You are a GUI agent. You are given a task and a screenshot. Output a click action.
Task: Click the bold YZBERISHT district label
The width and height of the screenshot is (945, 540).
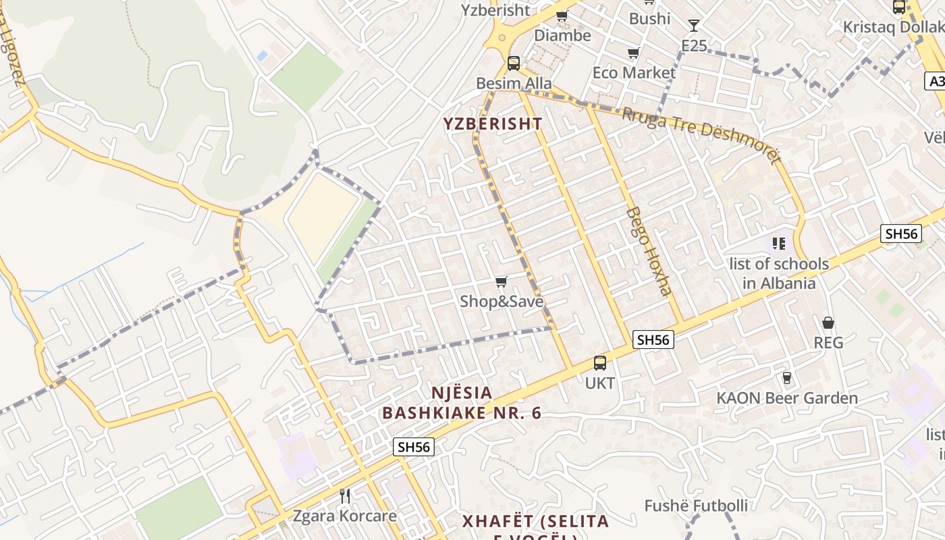tap(492, 124)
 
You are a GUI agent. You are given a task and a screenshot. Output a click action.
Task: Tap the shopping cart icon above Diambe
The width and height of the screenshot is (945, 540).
tap(562, 16)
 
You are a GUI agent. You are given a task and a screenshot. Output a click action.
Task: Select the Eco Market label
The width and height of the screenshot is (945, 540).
tap(634, 73)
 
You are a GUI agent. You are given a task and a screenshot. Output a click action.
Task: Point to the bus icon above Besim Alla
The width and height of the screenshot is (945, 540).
tap(514, 63)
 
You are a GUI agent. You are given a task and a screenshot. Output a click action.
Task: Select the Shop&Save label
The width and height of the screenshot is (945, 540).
tap(502, 302)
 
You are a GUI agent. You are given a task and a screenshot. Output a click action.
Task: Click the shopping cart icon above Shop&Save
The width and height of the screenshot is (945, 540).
tap(501, 281)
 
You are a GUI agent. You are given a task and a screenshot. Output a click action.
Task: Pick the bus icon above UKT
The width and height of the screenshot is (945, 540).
tap(599, 363)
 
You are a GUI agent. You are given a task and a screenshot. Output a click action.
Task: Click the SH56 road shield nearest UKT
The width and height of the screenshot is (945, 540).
tap(653, 340)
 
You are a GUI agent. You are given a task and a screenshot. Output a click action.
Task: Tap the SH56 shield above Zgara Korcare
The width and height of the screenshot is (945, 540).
tap(414, 447)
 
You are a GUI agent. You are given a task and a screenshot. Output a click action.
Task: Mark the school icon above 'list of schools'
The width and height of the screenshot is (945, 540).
tap(779, 243)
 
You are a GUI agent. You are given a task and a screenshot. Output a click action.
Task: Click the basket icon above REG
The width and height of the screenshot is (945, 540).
tap(828, 323)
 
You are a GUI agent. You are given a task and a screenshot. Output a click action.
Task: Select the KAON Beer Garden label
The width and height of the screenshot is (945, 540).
tap(787, 398)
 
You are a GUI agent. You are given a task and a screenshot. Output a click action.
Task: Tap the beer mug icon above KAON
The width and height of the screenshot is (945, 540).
tap(786, 377)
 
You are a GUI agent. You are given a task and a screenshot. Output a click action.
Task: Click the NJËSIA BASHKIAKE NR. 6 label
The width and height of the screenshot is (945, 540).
tap(462, 403)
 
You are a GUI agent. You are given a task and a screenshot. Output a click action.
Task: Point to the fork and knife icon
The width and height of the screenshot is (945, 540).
tap(345, 496)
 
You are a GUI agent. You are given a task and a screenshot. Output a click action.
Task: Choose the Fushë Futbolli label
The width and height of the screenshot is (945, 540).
tap(696, 506)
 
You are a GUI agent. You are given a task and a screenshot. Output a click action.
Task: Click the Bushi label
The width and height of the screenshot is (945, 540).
tap(649, 19)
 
